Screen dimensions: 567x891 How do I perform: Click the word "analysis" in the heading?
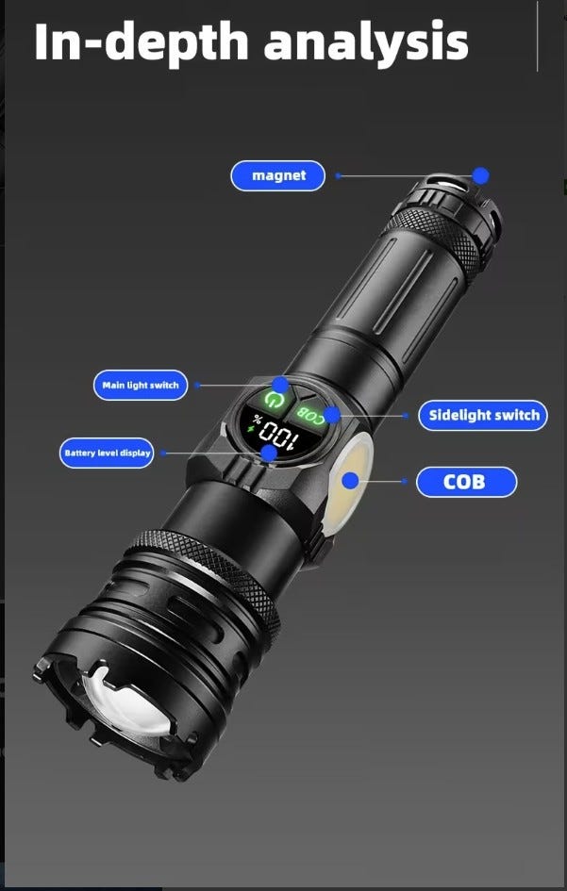tap(366, 42)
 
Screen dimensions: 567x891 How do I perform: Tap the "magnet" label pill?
tap(278, 175)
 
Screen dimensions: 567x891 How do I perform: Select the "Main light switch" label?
tap(141, 386)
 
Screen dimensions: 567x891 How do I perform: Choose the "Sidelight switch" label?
tap(483, 415)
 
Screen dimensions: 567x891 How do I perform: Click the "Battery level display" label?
tap(107, 453)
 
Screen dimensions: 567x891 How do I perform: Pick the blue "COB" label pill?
tap(466, 482)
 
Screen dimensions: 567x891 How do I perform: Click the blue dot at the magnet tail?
tap(481, 175)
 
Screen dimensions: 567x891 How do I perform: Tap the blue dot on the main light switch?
tap(280, 385)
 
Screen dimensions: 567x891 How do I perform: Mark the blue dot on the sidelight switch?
tap(332, 414)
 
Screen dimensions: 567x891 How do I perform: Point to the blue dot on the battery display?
tap(269, 453)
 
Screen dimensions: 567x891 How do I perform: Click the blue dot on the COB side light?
tap(351, 481)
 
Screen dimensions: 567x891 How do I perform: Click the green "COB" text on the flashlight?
tap(310, 415)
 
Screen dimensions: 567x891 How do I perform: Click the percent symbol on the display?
tap(258, 422)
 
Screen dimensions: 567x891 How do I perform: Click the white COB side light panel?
tap(350, 483)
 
